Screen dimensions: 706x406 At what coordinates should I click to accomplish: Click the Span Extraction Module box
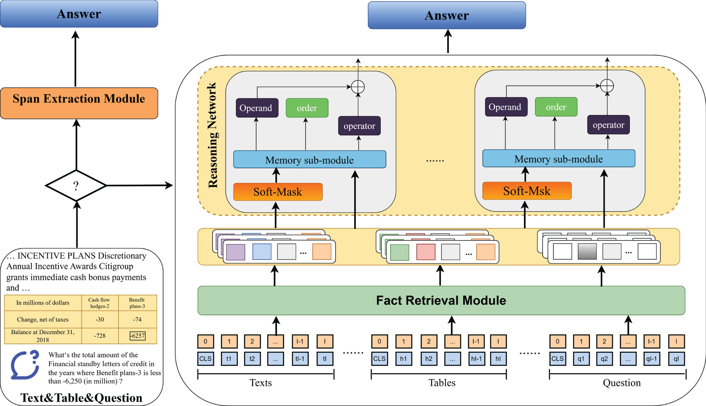click(79, 103)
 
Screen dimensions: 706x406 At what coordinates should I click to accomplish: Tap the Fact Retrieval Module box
click(441, 300)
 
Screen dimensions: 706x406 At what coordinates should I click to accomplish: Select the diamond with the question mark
click(76, 185)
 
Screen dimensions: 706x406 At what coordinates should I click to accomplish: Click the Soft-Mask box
click(278, 192)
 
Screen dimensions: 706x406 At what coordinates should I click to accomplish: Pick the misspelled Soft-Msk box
click(527, 191)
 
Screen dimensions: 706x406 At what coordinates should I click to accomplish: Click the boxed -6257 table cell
click(138, 336)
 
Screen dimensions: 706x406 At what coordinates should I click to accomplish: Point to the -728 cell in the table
click(100, 336)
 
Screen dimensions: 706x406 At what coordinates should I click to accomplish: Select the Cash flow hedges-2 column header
click(100, 303)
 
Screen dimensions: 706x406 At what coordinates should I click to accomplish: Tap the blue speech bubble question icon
click(25, 365)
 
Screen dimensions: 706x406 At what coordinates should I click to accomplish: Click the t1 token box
click(229, 359)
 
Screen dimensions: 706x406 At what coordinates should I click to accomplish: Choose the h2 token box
click(428, 359)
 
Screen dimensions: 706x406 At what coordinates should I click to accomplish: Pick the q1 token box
click(581, 359)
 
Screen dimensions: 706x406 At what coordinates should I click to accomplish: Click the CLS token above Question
click(558, 359)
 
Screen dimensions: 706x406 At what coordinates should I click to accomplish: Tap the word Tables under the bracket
click(442, 383)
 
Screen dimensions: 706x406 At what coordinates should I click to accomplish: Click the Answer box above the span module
click(79, 14)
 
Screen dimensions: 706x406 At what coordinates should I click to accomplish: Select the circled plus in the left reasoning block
click(358, 87)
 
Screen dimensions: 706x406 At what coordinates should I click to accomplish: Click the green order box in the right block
click(556, 107)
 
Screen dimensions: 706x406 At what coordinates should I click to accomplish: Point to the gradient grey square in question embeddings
click(587, 251)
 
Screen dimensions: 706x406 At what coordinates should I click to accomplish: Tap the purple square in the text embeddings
click(235, 252)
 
